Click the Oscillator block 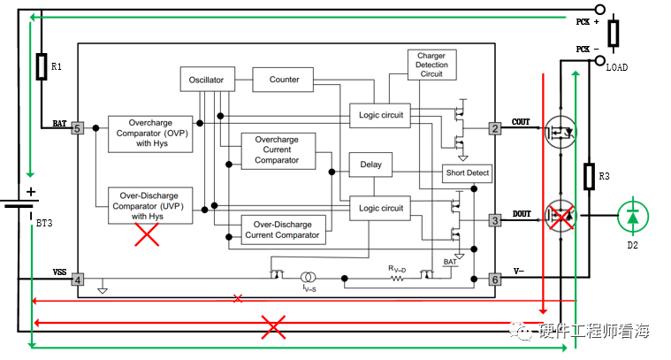pyautogui.click(x=206, y=80)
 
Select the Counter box pyautogui.click(x=285, y=80)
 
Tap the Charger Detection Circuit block pyautogui.click(x=431, y=65)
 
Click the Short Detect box pyautogui.click(x=467, y=173)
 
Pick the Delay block pyautogui.click(x=370, y=165)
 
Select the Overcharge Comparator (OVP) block pyautogui.click(x=149, y=133)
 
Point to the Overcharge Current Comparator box pyautogui.click(x=276, y=150)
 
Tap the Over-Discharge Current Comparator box pyautogui.click(x=283, y=229)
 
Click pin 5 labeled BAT pyautogui.click(x=77, y=128)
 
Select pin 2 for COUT pyautogui.click(x=495, y=128)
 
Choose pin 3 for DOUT pyautogui.click(x=495, y=219)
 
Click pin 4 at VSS pyautogui.click(x=77, y=280)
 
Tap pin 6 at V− pyautogui.click(x=495, y=280)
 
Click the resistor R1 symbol pyautogui.click(x=41, y=66)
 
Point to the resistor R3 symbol pyautogui.click(x=588, y=176)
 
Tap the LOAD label pyautogui.click(x=616, y=67)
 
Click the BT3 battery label pyautogui.click(x=44, y=225)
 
